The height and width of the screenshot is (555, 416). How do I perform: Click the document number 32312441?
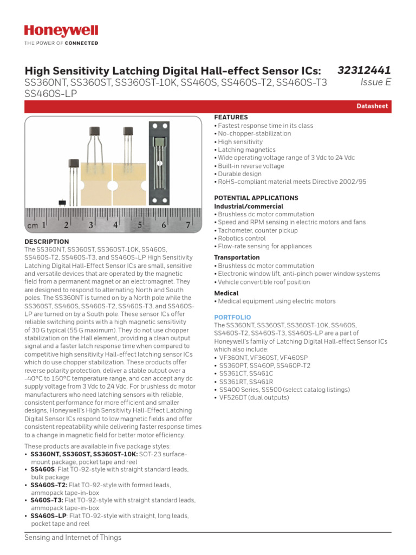(x=364, y=70)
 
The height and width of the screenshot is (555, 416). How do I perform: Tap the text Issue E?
(x=375, y=82)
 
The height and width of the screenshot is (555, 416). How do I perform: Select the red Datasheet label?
(x=372, y=106)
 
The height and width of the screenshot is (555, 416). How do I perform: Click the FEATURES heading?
(x=231, y=117)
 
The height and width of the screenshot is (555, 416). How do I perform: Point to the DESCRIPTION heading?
(x=47, y=242)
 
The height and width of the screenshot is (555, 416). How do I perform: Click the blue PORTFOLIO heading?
(x=232, y=317)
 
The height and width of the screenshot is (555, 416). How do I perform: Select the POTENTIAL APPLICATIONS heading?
(x=256, y=198)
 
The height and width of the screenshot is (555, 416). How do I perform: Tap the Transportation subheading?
(x=237, y=257)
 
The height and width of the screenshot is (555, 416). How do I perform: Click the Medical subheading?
(x=226, y=293)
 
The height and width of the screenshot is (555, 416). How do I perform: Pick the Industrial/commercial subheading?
(x=249, y=206)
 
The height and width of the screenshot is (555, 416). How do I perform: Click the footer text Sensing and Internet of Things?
(x=73, y=538)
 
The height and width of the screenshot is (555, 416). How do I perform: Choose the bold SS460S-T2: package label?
(x=47, y=485)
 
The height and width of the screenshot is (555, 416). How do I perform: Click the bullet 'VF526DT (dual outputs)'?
(x=254, y=398)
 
